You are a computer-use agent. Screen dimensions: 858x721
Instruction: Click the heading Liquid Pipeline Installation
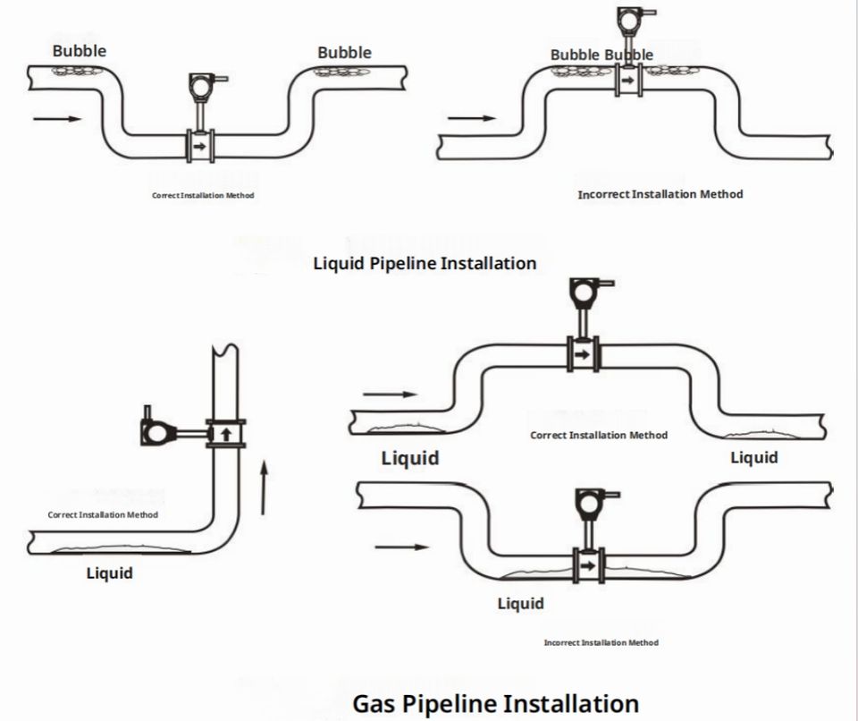pyautogui.click(x=425, y=264)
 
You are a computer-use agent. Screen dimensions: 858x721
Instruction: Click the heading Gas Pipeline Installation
pyautogui.click(x=496, y=704)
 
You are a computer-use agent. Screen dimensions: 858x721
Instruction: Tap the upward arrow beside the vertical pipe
pyautogui.click(x=264, y=488)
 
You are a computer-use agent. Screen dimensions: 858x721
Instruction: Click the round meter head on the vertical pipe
pyautogui.click(x=156, y=433)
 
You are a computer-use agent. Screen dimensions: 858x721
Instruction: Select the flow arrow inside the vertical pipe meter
pyautogui.click(x=225, y=435)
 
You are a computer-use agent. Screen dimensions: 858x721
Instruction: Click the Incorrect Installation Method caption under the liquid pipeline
pyautogui.click(x=660, y=194)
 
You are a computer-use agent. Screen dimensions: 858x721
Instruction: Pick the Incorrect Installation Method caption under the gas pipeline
pyautogui.click(x=601, y=642)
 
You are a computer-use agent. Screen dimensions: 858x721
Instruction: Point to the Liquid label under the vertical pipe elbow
pyautogui.click(x=109, y=573)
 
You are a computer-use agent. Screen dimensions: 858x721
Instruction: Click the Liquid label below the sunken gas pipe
pyautogui.click(x=520, y=604)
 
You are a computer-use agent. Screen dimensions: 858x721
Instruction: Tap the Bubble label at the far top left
pyautogui.click(x=80, y=51)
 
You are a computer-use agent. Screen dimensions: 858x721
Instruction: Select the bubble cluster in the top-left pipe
pyautogui.click(x=77, y=71)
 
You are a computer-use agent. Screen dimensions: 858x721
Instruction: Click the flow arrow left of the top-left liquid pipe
pyautogui.click(x=57, y=118)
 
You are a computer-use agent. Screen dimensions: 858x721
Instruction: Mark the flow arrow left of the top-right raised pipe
pyautogui.click(x=472, y=118)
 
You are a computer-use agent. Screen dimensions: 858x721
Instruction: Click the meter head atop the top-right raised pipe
pyautogui.click(x=629, y=20)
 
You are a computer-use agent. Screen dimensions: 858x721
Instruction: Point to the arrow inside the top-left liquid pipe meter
pyautogui.click(x=199, y=147)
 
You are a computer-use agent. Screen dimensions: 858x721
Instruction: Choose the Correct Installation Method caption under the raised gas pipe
pyautogui.click(x=599, y=436)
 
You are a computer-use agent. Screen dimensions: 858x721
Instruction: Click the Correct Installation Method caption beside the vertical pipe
pyautogui.click(x=103, y=515)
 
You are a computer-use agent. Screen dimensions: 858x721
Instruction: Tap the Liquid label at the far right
pyautogui.click(x=754, y=457)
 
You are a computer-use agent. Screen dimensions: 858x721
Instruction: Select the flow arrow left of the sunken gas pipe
pyautogui.click(x=401, y=547)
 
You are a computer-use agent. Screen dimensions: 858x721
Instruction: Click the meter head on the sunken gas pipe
pyautogui.click(x=591, y=504)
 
